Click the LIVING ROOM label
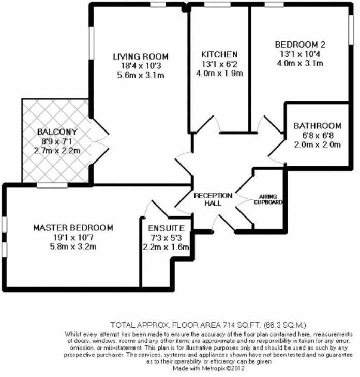141,56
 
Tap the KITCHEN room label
219,54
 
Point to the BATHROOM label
317,126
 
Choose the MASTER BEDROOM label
73,228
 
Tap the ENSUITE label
162,228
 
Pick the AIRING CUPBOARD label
268,199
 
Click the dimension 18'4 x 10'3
141,66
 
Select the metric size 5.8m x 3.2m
73,247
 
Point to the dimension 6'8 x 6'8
317,135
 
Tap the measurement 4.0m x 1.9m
219,73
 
